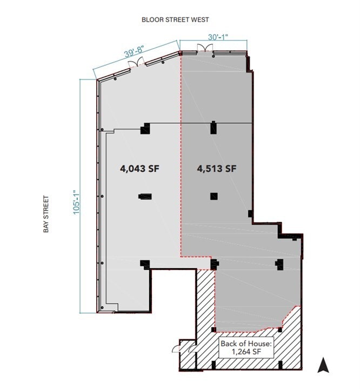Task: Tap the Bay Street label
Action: (46, 214)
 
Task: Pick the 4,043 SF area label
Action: (139, 169)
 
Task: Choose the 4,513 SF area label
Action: (216, 169)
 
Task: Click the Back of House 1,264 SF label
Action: (246, 348)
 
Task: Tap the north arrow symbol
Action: (323, 366)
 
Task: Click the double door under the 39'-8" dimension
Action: (137, 64)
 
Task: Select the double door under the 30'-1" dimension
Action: (205, 49)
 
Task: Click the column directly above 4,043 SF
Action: (145, 129)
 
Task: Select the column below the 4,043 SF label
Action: (145, 197)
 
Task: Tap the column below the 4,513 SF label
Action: (214, 196)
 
